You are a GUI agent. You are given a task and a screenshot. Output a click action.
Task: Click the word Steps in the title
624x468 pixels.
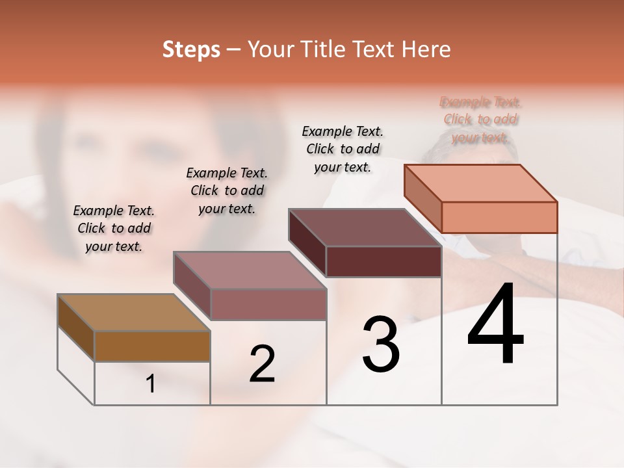(x=191, y=49)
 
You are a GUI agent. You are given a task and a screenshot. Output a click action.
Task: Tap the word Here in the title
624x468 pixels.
(x=426, y=49)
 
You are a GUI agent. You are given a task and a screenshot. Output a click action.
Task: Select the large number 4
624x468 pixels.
(x=495, y=324)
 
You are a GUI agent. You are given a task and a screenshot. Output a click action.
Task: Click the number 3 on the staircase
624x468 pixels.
(x=381, y=344)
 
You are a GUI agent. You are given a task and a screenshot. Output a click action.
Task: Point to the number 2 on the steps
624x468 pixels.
(x=262, y=363)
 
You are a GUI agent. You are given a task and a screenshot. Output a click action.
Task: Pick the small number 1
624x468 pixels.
(x=151, y=384)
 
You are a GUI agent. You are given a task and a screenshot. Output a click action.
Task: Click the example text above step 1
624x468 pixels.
(x=114, y=228)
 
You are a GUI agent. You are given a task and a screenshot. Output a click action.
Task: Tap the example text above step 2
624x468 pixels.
(x=227, y=190)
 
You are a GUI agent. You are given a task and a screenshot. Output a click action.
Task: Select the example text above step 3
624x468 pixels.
(x=343, y=149)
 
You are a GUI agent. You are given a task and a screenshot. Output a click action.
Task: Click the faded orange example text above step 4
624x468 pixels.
(x=480, y=120)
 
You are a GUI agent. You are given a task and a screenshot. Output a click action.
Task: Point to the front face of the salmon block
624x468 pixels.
(x=499, y=217)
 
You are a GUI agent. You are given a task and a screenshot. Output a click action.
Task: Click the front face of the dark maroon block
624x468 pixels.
(x=383, y=261)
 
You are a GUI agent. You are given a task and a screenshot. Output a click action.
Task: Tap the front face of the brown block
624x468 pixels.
(x=152, y=346)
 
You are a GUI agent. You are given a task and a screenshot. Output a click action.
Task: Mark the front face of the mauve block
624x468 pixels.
(x=268, y=304)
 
